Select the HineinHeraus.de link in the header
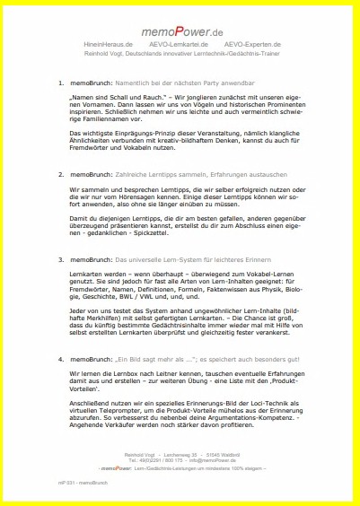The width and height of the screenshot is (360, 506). point(108,44)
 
